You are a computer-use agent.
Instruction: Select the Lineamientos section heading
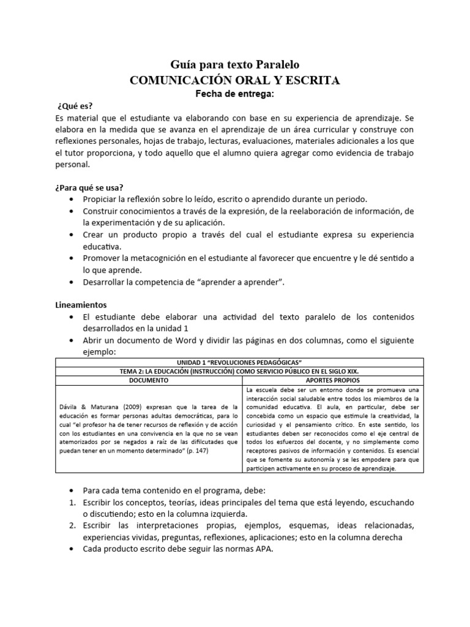(81, 304)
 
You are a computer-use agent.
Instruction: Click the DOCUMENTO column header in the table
(149, 380)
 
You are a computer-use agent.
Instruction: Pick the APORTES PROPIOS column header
(332, 380)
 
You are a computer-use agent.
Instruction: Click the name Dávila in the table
(70, 406)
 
